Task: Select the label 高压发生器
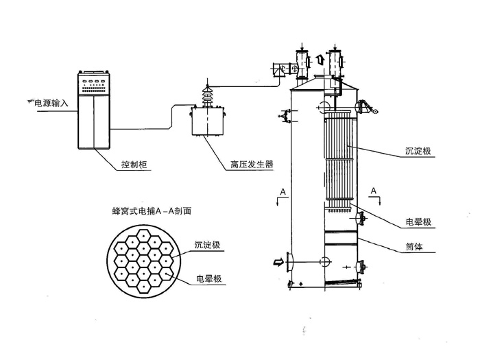point(251,165)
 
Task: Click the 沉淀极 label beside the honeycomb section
point(208,244)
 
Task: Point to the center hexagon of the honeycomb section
point(145,263)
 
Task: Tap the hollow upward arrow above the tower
point(319,60)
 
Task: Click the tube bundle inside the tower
point(336,158)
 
